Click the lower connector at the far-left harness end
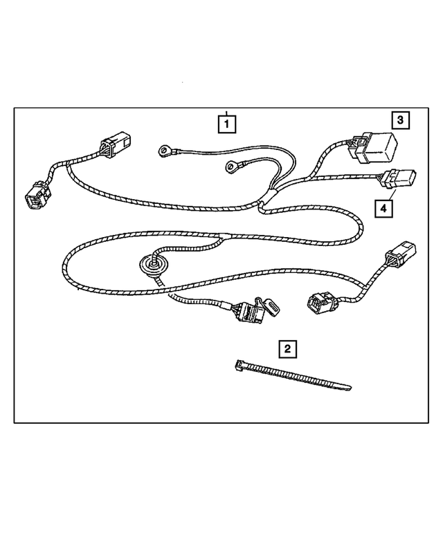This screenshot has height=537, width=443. pyautogui.click(x=35, y=196)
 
